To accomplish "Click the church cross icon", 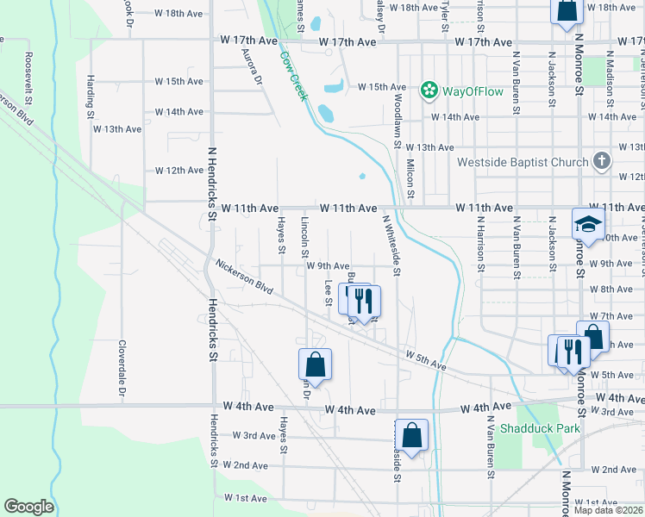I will pyautogui.click(x=602, y=162).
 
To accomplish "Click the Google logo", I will pyautogui.click(x=28, y=507).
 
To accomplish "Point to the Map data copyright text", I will pyautogui.click(x=609, y=510).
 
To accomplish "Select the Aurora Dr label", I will pyautogui.click(x=251, y=65).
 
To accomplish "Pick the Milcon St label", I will pyautogui.click(x=410, y=178).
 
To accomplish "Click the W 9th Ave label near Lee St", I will pyautogui.click(x=328, y=266).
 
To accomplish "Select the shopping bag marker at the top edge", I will pyautogui.click(x=567, y=13).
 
